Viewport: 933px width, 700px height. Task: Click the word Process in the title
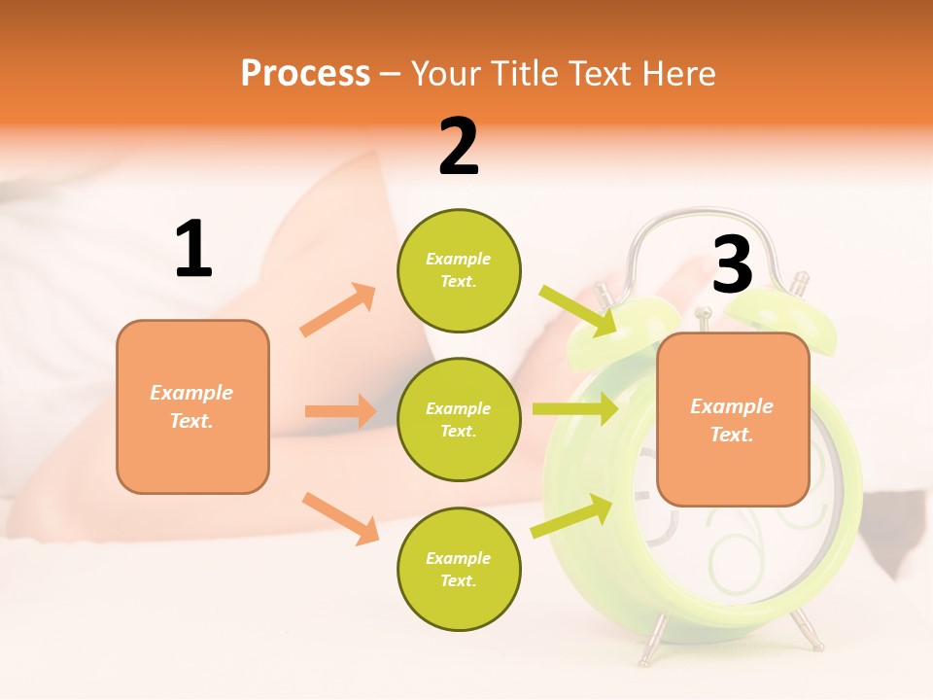(x=305, y=74)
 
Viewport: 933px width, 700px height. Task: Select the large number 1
(x=193, y=250)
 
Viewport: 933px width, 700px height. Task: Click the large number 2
(x=459, y=147)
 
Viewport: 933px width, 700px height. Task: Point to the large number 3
(x=732, y=265)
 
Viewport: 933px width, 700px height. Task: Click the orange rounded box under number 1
(x=192, y=406)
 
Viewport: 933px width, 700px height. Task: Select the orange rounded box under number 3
(x=733, y=419)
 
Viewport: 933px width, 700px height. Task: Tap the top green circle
(x=459, y=270)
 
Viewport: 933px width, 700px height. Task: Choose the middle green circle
(x=459, y=419)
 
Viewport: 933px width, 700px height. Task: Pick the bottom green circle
(x=459, y=569)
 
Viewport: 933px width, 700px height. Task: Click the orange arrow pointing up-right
(x=338, y=309)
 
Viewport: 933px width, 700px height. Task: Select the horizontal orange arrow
(x=340, y=411)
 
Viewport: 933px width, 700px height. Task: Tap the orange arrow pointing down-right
(x=340, y=517)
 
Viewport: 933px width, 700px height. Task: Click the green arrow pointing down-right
(x=578, y=310)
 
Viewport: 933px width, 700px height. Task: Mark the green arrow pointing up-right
(x=572, y=516)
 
